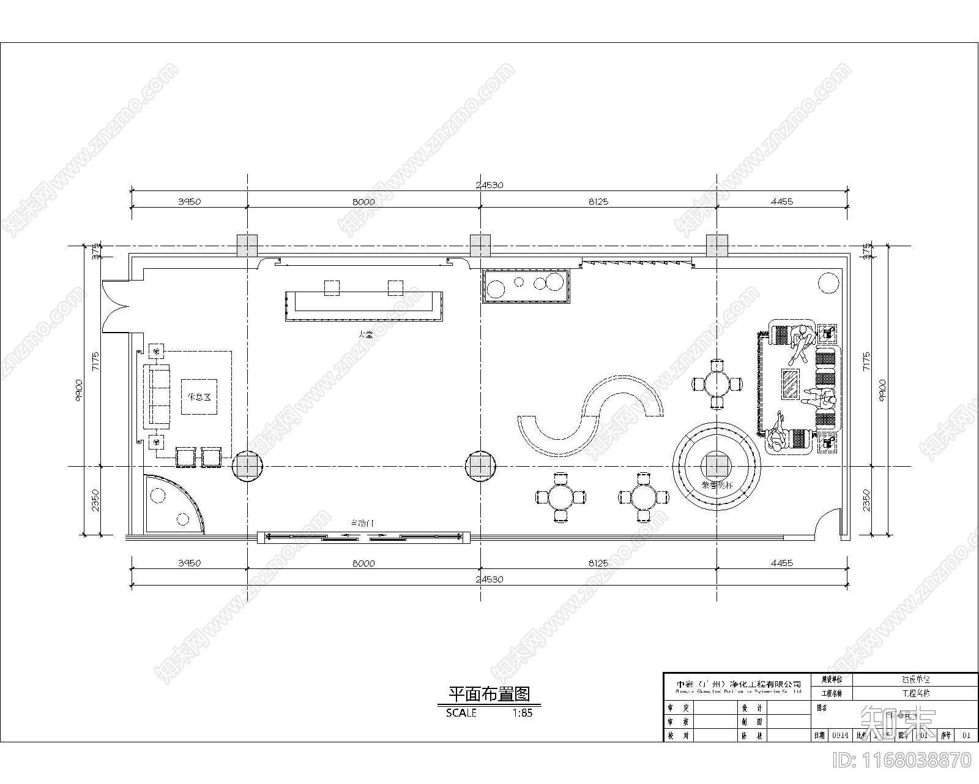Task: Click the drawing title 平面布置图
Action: (x=488, y=694)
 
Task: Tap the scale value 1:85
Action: (x=521, y=713)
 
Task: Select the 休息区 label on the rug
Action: (x=199, y=397)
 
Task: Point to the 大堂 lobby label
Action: (x=366, y=334)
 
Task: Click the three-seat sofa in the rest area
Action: (x=158, y=396)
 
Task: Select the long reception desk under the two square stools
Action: (x=363, y=307)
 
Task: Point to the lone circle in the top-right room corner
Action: (x=829, y=284)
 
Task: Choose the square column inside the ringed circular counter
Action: (x=716, y=466)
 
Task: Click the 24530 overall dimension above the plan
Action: (x=489, y=185)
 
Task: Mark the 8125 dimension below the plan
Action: (x=598, y=563)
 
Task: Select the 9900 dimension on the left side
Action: (x=78, y=389)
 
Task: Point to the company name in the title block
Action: (x=738, y=684)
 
